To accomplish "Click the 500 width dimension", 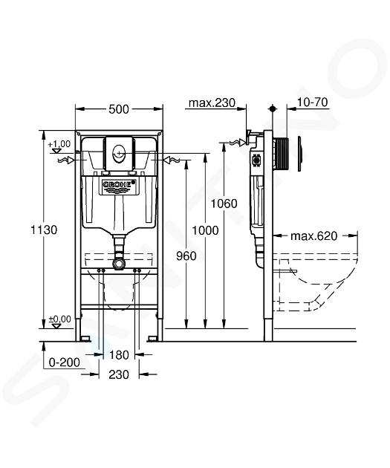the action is (x=119, y=109).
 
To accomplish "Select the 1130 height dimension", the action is (x=44, y=230).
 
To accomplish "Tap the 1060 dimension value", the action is (x=224, y=204).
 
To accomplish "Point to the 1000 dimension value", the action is (x=205, y=230).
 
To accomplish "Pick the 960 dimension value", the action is (x=186, y=256).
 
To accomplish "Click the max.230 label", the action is (x=212, y=103).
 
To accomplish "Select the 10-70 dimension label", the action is (x=313, y=103).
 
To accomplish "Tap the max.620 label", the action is (x=314, y=236).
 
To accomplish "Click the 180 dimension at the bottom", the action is (x=119, y=355).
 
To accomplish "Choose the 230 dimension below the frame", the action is (x=119, y=374).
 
